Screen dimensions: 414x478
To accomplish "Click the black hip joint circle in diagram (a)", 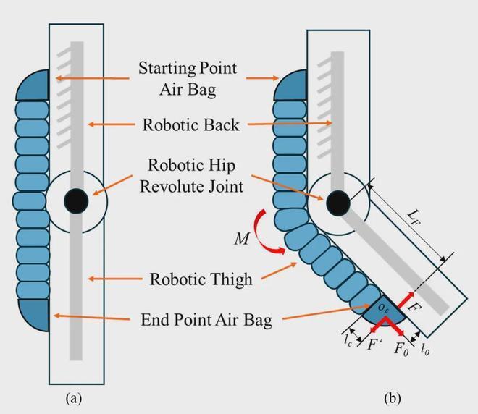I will tap(75, 200).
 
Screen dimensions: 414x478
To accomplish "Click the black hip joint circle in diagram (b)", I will tap(337, 203).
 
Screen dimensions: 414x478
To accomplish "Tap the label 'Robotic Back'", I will tap(190, 124).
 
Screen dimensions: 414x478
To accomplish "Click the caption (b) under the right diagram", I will tap(392, 397).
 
